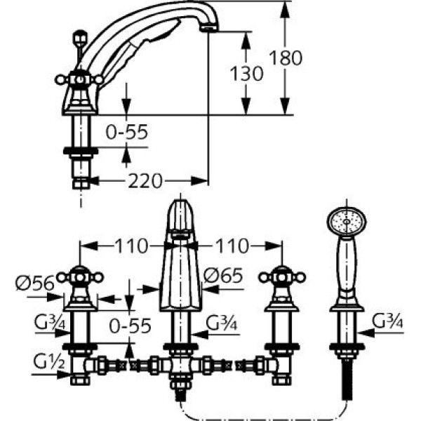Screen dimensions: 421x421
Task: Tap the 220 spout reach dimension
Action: [145, 182]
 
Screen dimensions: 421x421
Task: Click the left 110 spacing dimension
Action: [131, 246]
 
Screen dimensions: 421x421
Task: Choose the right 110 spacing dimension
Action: [232, 246]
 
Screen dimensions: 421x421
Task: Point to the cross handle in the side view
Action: [79, 79]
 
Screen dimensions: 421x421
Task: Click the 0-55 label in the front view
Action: [131, 325]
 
